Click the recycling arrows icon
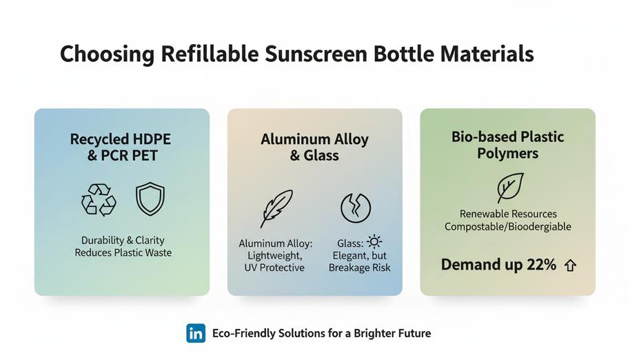[x=99, y=200]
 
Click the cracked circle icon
[x=356, y=208]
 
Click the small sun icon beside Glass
[x=374, y=241]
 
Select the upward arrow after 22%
[x=570, y=265]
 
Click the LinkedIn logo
[x=196, y=334]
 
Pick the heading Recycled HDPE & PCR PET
[x=121, y=147]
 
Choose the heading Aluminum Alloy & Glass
[x=314, y=147]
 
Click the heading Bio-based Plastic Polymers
[x=507, y=144]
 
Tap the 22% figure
[x=541, y=265]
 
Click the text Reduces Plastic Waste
[x=123, y=253]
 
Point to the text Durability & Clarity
[x=123, y=240]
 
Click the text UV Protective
[x=274, y=268]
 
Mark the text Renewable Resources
[x=508, y=214]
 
